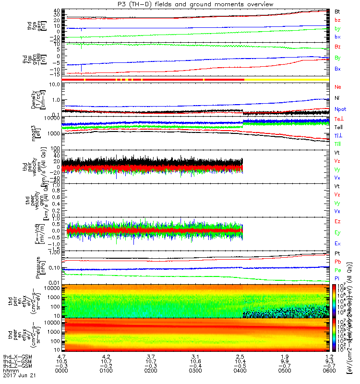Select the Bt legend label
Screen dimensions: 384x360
click(x=337, y=11)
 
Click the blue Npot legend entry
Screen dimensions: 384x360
click(x=340, y=109)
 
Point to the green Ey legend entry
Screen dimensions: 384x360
click(x=337, y=232)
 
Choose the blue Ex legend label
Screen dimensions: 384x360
click(x=337, y=243)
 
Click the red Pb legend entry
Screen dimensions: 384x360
click(x=337, y=262)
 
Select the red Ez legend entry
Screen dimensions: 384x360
click(x=337, y=221)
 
